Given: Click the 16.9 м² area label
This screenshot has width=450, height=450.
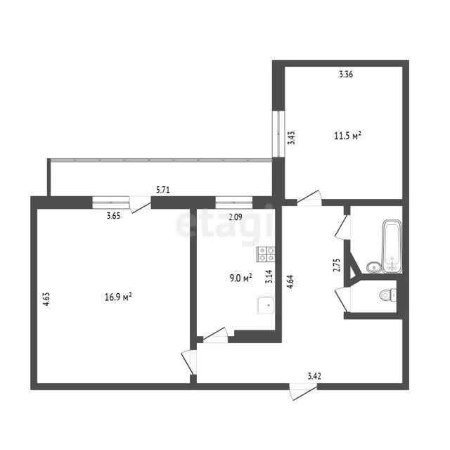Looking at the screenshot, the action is click(118, 297).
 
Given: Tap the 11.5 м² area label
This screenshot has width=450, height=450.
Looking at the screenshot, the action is click(347, 136).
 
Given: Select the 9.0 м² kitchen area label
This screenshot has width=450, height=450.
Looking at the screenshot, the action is click(241, 278).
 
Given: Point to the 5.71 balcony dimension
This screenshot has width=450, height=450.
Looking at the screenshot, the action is click(163, 190).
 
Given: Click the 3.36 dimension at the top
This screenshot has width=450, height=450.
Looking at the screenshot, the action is click(346, 75).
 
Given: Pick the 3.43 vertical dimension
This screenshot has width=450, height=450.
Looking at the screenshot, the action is click(292, 138).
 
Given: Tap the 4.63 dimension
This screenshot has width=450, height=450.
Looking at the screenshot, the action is click(46, 299).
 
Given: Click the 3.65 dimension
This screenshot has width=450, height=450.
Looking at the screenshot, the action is click(114, 216).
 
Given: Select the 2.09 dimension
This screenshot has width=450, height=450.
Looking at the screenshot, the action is click(236, 217).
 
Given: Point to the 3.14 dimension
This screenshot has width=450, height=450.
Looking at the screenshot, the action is click(269, 276).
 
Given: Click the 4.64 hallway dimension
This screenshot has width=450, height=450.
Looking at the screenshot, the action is click(290, 282).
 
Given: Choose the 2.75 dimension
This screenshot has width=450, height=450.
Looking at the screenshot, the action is click(337, 265).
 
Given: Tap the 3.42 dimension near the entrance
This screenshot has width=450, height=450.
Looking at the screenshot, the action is click(314, 376).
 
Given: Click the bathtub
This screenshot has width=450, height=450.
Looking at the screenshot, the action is click(392, 247).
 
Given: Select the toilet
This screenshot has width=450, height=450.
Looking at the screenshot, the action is click(388, 295).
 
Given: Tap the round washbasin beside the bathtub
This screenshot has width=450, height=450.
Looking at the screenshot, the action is click(374, 267).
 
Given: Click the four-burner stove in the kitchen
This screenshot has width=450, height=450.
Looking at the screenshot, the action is click(266, 255).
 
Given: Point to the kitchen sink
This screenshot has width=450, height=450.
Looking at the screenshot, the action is click(266, 305).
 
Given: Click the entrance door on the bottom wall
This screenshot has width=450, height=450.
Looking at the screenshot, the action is click(303, 392).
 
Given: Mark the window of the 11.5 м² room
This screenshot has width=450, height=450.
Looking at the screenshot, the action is click(278, 134).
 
